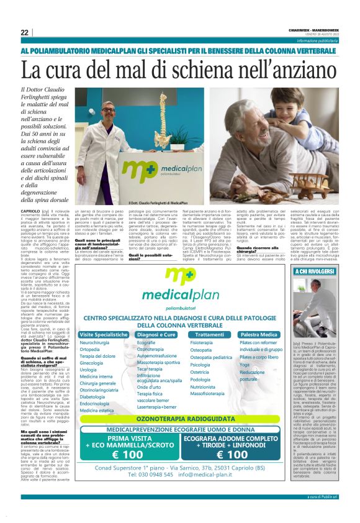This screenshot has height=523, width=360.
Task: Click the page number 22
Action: pos(24,33)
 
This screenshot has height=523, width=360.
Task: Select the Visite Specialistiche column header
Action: pos(104,334)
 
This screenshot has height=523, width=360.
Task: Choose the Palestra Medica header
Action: pos(259,334)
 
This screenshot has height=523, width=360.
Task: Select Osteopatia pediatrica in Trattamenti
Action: pos(211,357)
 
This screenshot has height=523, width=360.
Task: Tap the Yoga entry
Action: pos(245,365)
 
